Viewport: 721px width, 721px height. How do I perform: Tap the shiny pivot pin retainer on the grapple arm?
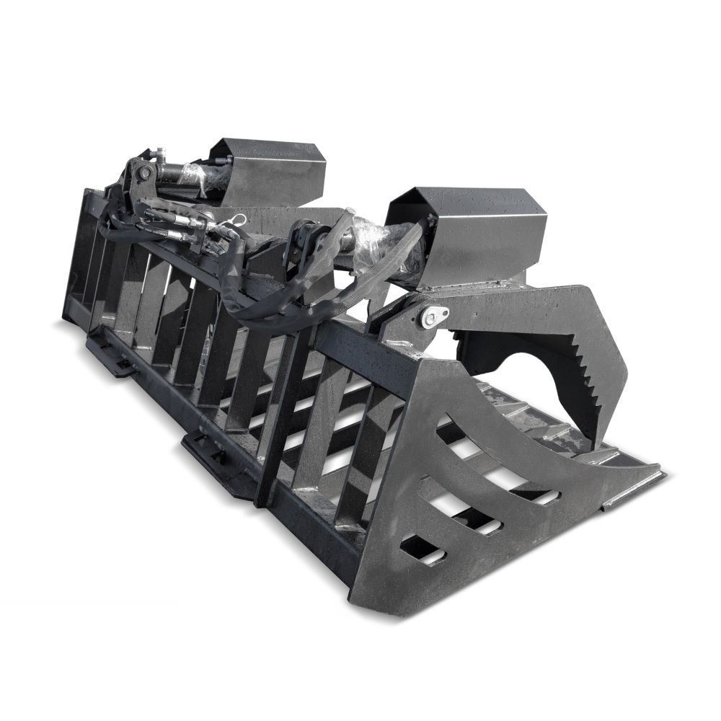point(435,315)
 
